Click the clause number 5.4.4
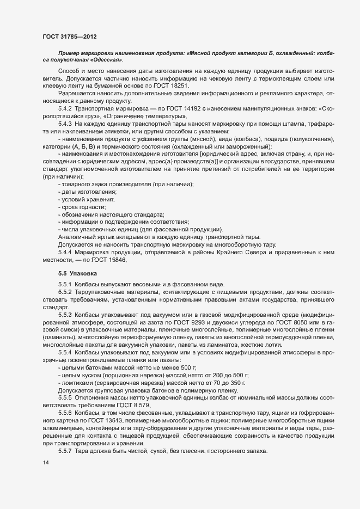pyautogui.click(x=65, y=253)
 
